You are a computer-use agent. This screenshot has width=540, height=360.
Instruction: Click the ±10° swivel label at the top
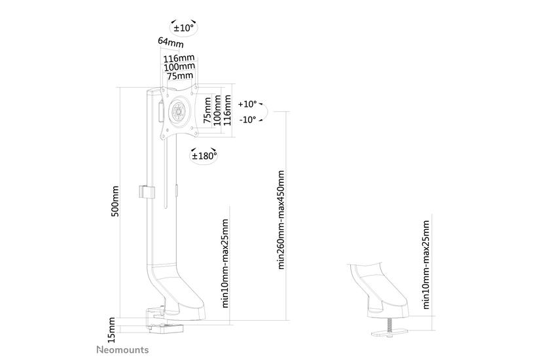click(183, 29)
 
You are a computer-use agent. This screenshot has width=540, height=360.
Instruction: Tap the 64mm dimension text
click(170, 43)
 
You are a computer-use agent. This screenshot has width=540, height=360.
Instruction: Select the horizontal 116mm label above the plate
click(179, 58)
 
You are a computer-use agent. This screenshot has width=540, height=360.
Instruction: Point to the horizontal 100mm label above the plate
click(179, 66)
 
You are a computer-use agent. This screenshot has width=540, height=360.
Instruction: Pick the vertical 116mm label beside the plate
click(227, 110)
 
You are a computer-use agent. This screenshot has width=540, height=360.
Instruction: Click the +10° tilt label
click(248, 104)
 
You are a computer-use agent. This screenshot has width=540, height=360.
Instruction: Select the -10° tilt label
click(248, 120)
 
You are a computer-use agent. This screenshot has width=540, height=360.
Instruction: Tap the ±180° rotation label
click(203, 156)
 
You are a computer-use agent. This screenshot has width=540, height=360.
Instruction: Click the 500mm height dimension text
click(115, 201)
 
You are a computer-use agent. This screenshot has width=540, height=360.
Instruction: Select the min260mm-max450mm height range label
click(281, 220)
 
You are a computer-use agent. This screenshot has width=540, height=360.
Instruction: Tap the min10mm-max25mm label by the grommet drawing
click(426, 264)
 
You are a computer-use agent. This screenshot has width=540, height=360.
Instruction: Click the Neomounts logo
click(122, 350)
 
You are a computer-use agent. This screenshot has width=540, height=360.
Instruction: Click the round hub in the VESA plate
click(177, 111)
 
